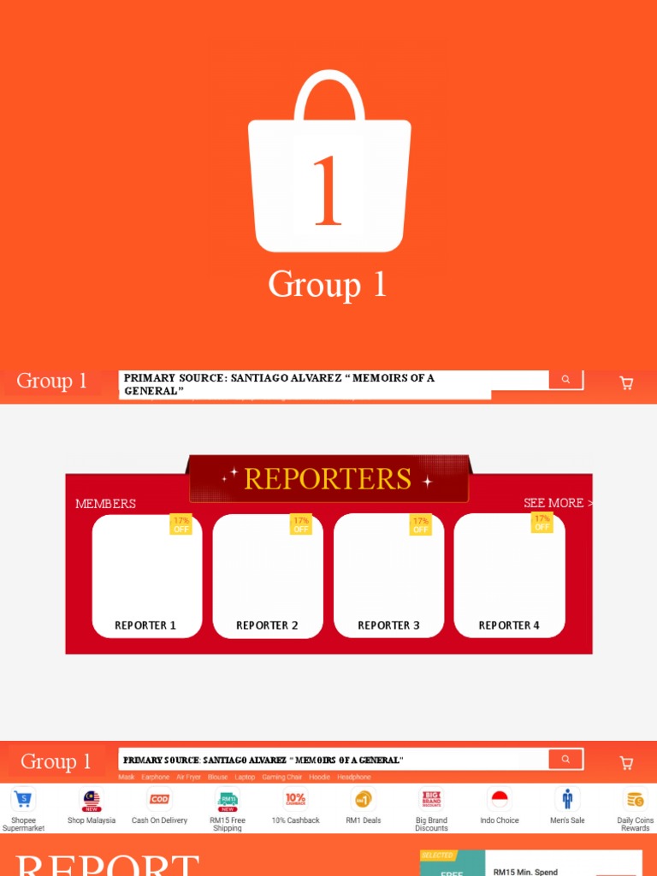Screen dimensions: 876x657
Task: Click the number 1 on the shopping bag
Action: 328,191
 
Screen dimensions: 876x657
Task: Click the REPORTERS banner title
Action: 328,479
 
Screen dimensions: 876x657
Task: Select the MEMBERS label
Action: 105,504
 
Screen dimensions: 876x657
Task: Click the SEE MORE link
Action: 557,503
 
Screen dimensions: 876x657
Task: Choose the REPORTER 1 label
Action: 145,625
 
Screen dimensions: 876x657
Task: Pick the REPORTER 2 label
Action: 267,625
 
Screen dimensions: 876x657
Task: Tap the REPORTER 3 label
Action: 388,625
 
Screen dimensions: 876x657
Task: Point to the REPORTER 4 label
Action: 509,625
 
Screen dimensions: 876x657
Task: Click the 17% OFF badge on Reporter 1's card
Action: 181,524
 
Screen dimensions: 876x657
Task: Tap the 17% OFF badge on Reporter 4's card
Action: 542,523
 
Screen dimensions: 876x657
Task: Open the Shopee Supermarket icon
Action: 23,800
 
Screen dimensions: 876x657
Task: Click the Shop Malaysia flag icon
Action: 92,800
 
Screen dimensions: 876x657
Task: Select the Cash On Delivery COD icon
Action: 159,800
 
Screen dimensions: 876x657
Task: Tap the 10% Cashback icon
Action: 295,800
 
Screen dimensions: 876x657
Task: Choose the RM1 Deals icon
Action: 364,800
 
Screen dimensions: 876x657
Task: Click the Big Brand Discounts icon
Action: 431,800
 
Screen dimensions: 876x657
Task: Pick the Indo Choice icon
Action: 500,800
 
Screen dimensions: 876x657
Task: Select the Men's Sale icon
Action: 567,800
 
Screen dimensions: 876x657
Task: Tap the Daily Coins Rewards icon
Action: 635,800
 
